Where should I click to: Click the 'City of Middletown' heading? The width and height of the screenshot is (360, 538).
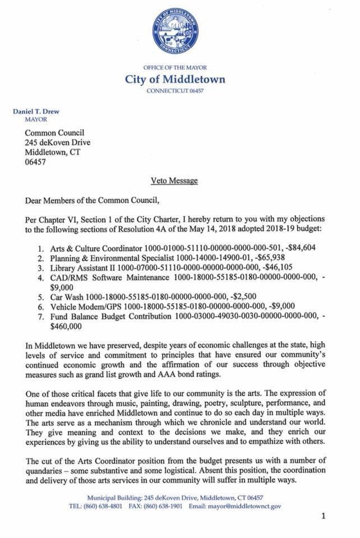pos(175,79)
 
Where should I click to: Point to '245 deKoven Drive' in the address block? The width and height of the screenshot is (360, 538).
pos(57,142)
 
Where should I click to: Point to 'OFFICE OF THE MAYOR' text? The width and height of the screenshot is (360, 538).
pos(175,68)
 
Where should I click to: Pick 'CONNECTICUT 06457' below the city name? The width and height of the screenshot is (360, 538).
pos(175,90)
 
